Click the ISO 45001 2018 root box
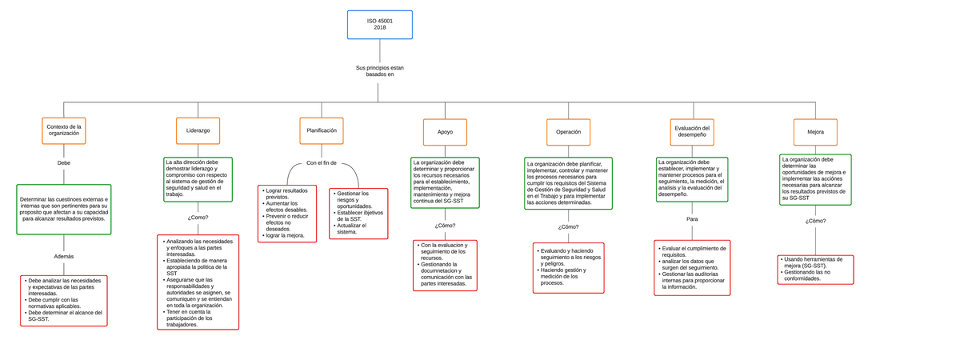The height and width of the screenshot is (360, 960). tap(379, 25)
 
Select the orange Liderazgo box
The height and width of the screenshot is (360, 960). tap(198, 130)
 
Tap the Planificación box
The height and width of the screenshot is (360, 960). tap(321, 130)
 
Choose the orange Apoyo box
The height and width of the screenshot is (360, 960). tap(444, 131)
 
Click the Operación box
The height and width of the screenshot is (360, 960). tap(568, 131)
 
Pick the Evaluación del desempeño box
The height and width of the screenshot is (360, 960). tap(691, 131)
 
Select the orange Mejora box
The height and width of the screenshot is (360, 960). tap(814, 131)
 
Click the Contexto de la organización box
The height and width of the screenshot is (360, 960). tap(64, 130)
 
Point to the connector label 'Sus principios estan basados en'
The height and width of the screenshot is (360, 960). tap(379, 72)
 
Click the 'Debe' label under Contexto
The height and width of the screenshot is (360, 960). tap(64, 162)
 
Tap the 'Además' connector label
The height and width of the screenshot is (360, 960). tap(64, 256)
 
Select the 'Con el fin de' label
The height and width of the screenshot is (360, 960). tap(321, 163)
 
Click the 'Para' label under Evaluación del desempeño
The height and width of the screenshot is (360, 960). tap(692, 218)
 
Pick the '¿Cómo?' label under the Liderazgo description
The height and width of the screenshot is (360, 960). tap(198, 217)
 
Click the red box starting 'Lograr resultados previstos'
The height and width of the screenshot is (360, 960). tap(287, 214)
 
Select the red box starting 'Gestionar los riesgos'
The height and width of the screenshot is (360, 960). tap(358, 213)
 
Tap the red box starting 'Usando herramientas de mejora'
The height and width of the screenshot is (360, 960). tap(814, 270)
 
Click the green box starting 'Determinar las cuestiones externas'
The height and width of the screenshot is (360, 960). tap(64, 209)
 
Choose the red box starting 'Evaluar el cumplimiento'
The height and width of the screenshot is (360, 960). tap(692, 268)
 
